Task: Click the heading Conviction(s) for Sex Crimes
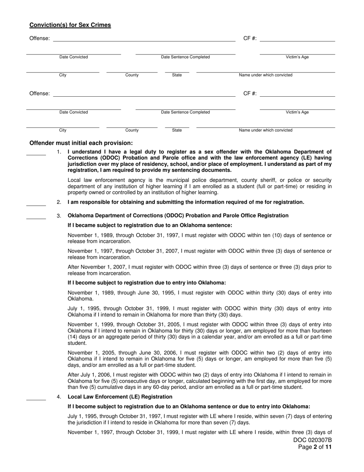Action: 70,25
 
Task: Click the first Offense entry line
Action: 144,39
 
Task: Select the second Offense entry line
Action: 144,94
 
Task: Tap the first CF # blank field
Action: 297,39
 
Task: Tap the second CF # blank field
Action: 297,94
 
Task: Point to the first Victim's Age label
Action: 297,57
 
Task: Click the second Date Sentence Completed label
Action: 185,112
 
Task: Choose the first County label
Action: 132,75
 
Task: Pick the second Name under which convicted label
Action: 266,130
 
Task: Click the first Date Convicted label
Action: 74,57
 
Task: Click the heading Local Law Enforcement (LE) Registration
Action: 120,397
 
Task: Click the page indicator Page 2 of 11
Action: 315,447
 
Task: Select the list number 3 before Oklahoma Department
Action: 59,216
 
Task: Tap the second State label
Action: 177,130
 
